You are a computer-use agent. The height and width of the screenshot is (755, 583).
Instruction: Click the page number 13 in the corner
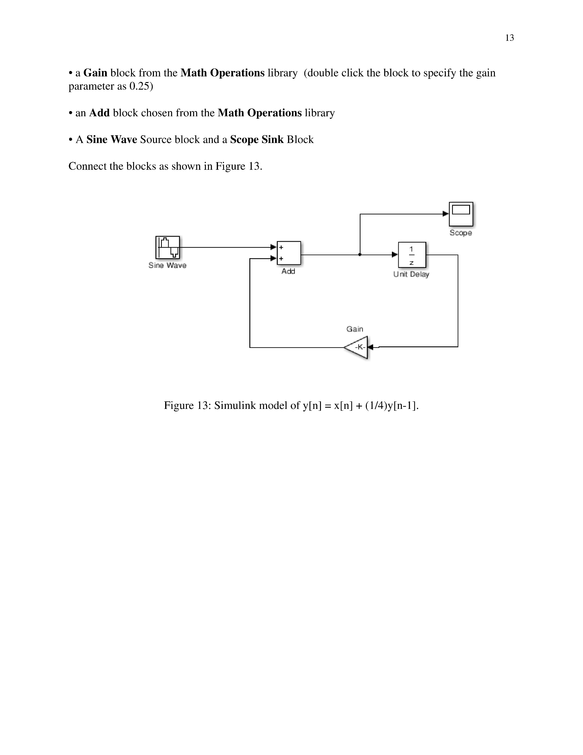tap(509, 38)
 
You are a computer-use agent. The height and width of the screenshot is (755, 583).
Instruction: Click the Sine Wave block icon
tap(168, 247)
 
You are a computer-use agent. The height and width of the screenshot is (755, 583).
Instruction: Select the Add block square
tap(289, 253)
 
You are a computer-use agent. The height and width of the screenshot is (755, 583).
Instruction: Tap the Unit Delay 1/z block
tap(412, 255)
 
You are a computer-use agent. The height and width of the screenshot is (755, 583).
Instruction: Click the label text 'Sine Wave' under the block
tap(167, 265)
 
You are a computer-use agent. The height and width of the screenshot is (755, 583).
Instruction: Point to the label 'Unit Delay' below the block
tap(411, 274)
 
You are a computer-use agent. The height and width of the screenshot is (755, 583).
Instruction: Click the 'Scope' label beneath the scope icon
tap(460, 233)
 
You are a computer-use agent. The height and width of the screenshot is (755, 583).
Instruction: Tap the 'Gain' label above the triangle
tap(354, 329)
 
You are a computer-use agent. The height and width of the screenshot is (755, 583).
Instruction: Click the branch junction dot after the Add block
tap(360, 255)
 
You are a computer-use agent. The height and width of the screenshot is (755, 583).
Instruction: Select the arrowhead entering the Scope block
tap(445, 214)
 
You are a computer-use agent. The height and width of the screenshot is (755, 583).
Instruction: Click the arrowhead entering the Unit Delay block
tap(394, 255)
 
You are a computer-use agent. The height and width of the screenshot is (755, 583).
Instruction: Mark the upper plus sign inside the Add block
tap(281, 247)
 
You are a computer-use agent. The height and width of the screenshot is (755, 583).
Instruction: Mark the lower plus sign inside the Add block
tap(281, 259)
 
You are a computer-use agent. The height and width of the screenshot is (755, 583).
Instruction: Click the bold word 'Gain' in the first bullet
tap(95, 73)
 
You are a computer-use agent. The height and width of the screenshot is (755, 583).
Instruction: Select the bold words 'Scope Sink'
tap(256, 140)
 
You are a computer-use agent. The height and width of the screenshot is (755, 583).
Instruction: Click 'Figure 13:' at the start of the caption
tap(187, 405)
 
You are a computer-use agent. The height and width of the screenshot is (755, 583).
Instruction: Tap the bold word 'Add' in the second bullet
tap(99, 113)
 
